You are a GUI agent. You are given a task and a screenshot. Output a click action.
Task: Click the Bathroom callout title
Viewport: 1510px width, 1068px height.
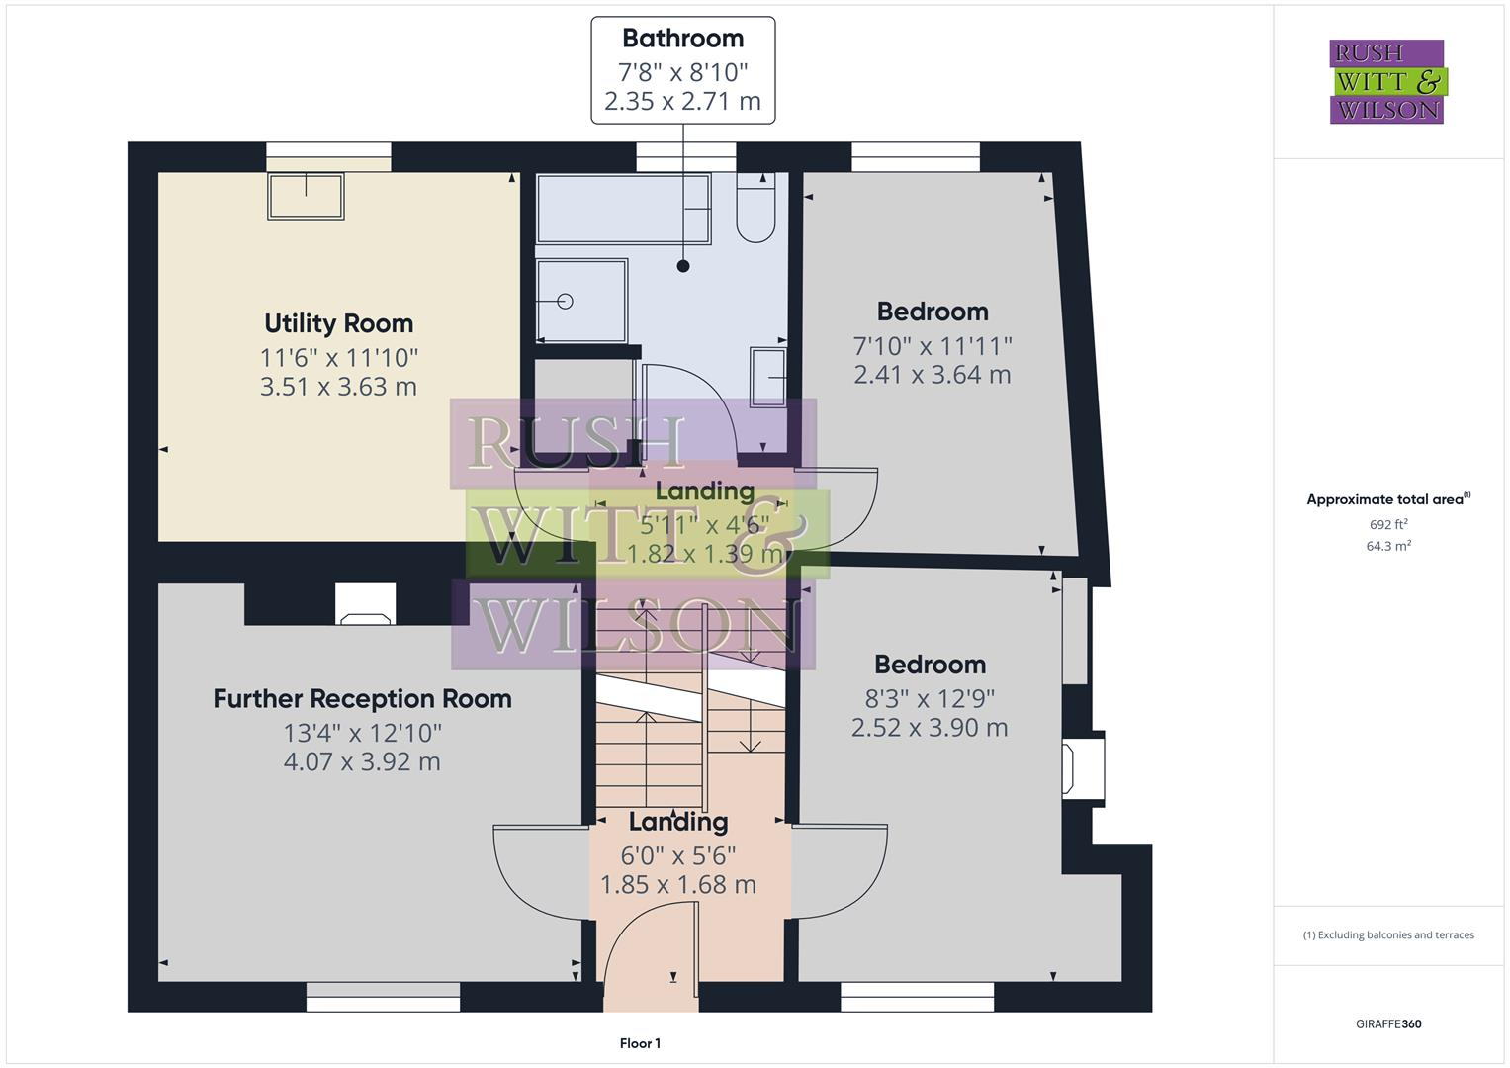pos(682,39)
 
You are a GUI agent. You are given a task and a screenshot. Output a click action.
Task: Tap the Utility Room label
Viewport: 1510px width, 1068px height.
pos(338,323)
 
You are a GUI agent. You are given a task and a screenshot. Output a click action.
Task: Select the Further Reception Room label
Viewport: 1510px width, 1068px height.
pos(362,699)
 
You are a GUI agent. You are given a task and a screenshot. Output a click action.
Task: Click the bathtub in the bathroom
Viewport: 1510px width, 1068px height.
pos(622,209)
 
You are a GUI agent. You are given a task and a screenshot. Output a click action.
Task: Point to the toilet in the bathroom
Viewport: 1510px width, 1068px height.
pos(755,210)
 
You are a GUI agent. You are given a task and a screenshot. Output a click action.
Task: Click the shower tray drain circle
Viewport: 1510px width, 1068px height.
pos(565,302)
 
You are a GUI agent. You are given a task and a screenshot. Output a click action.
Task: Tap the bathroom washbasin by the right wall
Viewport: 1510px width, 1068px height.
pos(768,377)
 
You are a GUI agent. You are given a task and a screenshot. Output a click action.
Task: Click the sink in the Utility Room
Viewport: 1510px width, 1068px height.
pos(306,196)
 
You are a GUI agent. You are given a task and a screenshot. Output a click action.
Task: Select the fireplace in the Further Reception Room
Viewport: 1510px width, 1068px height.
pos(365,606)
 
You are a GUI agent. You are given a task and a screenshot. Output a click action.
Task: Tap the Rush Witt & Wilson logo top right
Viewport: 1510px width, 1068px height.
pos(1386,82)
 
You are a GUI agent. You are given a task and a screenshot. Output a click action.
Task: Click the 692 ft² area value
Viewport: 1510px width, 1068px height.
pos(1388,525)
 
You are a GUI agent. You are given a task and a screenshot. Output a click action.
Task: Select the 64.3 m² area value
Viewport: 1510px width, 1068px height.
pos(1388,546)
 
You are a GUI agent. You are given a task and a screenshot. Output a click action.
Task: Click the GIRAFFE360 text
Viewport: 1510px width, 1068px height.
pos(1388,1023)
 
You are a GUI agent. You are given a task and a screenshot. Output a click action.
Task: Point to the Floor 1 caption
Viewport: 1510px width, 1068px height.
pos(640,1043)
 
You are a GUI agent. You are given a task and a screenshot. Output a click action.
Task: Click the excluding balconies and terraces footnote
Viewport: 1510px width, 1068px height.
pos(1388,934)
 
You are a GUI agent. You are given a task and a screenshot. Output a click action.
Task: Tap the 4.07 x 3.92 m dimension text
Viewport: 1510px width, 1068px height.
pos(362,761)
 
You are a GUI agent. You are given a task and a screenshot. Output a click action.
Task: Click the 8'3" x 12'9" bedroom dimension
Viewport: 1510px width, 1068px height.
pos(930,698)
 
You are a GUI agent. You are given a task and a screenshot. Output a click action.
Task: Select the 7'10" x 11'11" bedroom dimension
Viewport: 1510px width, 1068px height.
pos(933,346)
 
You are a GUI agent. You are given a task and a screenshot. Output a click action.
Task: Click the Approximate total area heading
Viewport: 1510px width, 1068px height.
pos(1386,499)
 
